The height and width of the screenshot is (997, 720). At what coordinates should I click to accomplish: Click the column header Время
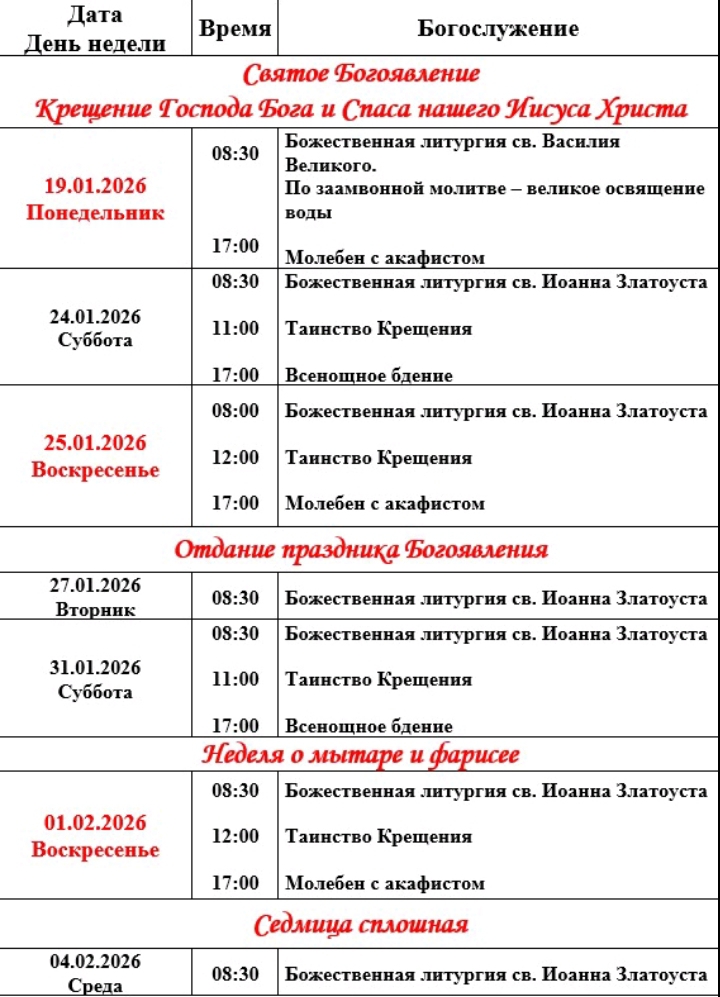point(235,29)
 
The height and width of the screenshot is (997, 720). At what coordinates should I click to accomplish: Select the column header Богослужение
point(497,29)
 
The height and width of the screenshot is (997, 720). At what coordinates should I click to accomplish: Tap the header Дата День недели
point(96,29)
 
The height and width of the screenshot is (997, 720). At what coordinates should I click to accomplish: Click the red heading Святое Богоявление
point(361,74)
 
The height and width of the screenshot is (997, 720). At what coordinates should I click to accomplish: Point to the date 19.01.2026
point(95,187)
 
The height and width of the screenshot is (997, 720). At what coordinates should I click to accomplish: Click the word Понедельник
point(95,212)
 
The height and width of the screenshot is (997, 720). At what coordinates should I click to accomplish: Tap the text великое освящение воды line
point(495,199)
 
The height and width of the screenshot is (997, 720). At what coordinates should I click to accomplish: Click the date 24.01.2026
point(95,317)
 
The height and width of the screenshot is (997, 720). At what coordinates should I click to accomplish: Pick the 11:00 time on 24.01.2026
point(235,328)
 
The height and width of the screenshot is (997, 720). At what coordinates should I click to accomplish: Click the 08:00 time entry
point(235,410)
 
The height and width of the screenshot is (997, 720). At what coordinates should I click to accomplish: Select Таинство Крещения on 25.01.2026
point(378,458)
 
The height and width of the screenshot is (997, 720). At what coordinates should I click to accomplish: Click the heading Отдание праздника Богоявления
point(361,549)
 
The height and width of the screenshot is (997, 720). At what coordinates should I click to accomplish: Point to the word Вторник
point(95,609)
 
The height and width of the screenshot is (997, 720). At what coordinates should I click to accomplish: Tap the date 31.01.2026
point(95,668)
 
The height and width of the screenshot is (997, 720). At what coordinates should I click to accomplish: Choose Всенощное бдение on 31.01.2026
point(368,726)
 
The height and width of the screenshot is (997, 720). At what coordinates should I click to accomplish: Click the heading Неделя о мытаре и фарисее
point(361,754)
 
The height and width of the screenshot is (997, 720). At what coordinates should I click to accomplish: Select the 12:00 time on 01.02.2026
point(235,836)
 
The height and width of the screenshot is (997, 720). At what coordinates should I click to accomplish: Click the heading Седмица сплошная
point(361,923)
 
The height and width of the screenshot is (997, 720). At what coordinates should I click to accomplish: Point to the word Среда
point(95,986)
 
